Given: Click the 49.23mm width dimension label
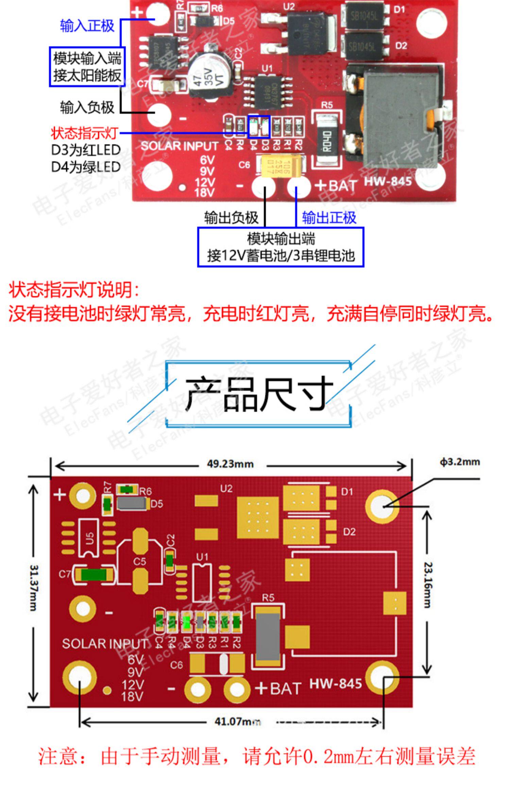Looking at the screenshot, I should pos(230,464).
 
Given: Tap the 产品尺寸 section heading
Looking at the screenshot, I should pos(259,394).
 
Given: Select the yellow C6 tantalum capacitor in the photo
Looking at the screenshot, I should pos(279,166).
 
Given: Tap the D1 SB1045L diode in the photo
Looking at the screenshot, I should pos(365,16).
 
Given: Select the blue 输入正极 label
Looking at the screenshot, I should pos(87,26).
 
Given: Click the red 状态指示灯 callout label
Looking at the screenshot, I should pos(84,133).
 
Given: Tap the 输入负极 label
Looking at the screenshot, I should pos(87,108).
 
